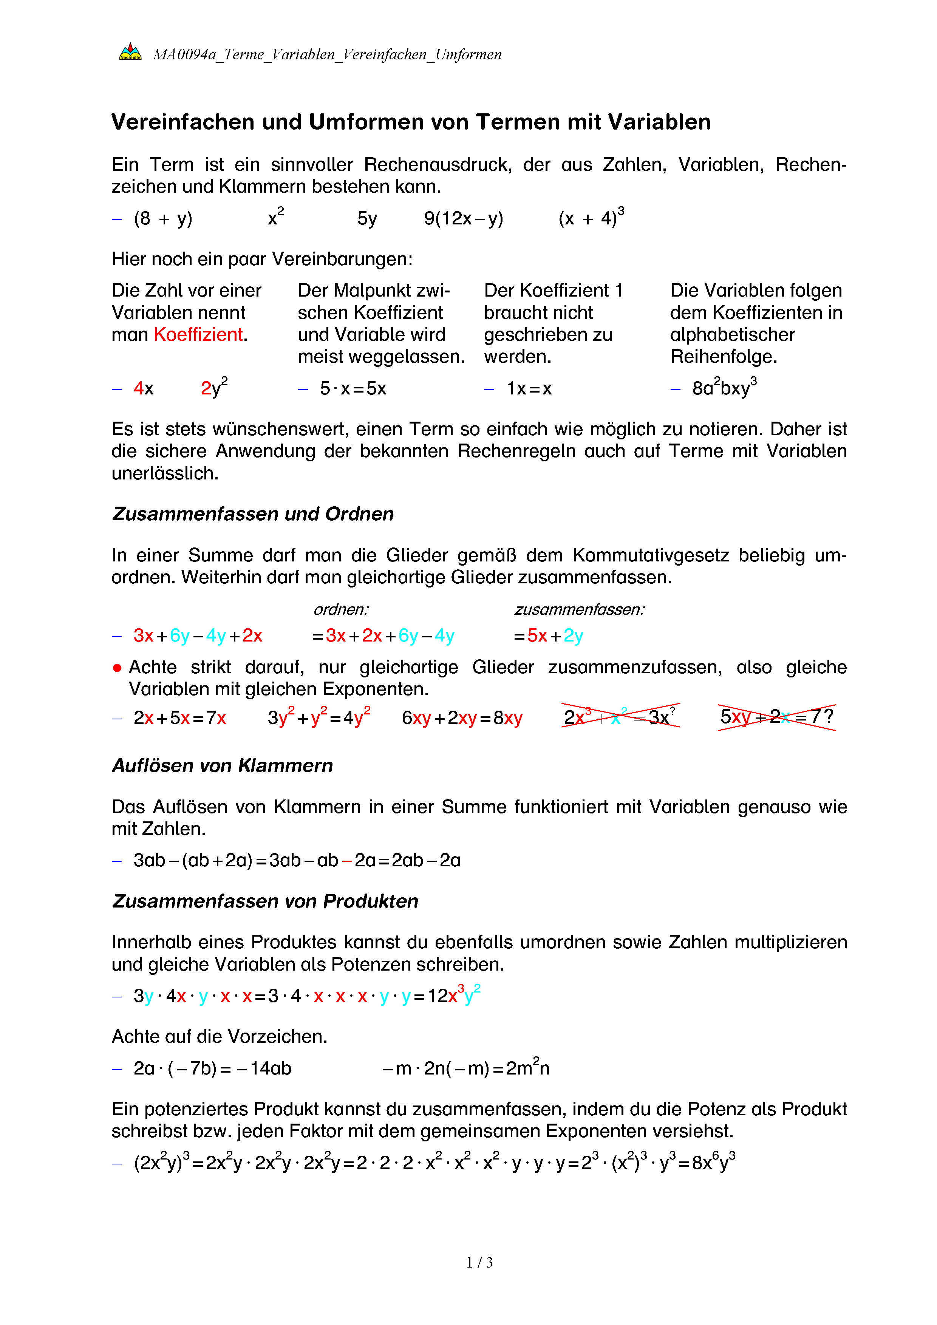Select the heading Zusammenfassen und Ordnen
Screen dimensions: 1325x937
[253, 513]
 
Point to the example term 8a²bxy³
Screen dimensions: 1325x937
[724, 388]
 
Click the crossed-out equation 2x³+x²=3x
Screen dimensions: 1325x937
[620, 717]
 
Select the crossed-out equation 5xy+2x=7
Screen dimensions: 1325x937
[776, 717]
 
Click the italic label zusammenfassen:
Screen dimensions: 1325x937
[579, 609]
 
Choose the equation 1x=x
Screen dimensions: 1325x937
[529, 389]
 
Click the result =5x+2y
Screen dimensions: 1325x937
[548, 636]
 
